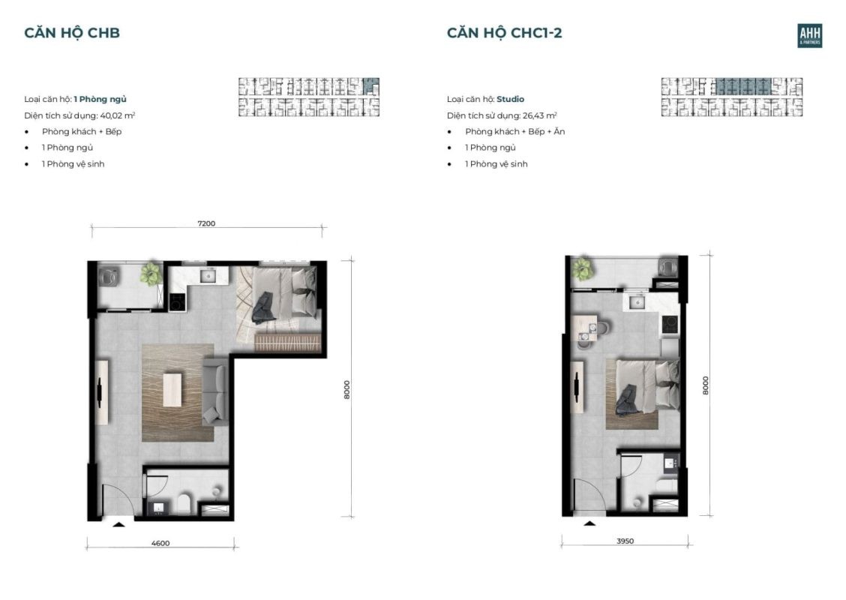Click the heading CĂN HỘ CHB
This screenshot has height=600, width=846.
point(72,32)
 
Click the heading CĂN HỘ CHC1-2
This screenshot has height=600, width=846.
point(504,32)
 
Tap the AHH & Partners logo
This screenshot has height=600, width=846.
point(809,35)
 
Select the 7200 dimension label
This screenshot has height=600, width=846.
point(206,223)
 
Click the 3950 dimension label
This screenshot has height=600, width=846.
point(625,541)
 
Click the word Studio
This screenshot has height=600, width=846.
point(510,99)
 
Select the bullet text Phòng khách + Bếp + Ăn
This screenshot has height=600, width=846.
point(514,131)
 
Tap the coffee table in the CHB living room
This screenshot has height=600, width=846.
point(172,390)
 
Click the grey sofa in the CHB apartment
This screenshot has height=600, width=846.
point(215,392)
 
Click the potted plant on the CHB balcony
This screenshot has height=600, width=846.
point(151,273)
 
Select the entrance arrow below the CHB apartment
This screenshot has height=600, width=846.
point(117,524)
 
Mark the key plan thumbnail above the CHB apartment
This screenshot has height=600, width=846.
point(308,97)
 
